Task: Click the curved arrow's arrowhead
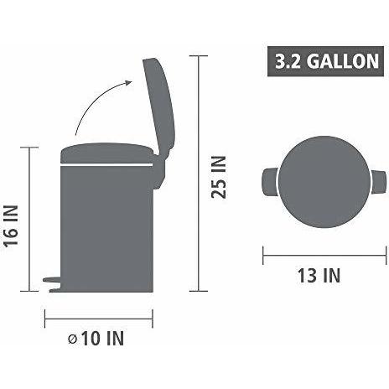(129, 82)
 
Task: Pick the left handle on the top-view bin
(270, 179)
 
